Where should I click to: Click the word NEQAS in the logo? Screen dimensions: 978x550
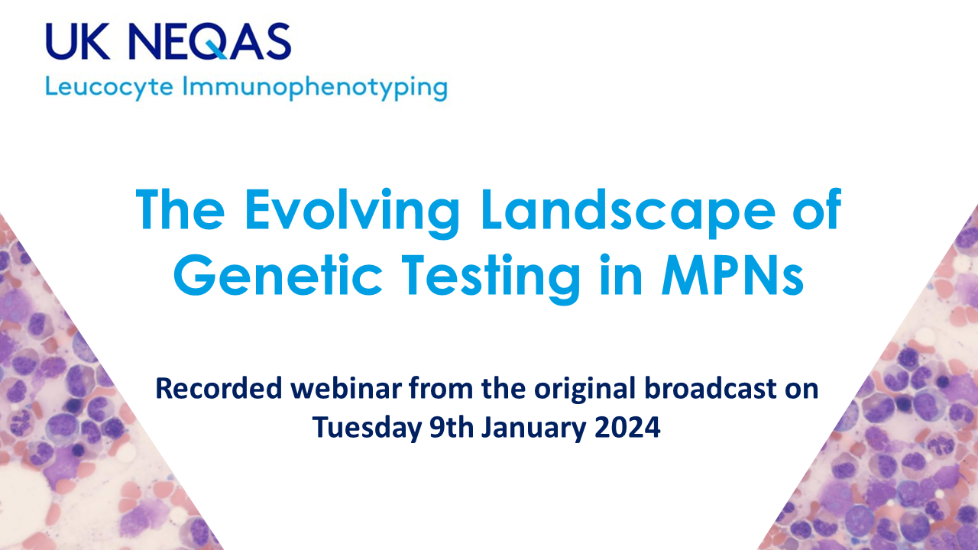pyautogui.click(x=210, y=41)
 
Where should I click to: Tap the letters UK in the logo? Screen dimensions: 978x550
pyautogui.click(x=78, y=41)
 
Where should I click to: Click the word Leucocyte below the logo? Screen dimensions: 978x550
pyautogui.click(x=109, y=87)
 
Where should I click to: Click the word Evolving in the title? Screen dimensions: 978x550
pyautogui.click(x=352, y=211)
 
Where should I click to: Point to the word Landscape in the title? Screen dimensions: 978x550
pyautogui.click(x=628, y=212)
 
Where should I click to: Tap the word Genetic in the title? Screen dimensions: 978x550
pyautogui.click(x=278, y=276)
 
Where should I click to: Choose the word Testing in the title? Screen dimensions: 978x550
pyautogui.click(x=491, y=277)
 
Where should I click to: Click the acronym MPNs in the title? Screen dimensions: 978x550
pyautogui.click(x=733, y=276)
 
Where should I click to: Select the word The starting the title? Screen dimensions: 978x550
pyautogui.click(x=180, y=209)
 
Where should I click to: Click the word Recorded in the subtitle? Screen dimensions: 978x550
pyautogui.click(x=219, y=388)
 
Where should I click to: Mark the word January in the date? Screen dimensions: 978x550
pyautogui.click(x=533, y=428)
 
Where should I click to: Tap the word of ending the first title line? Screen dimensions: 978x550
pyautogui.click(x=818, y=209)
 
